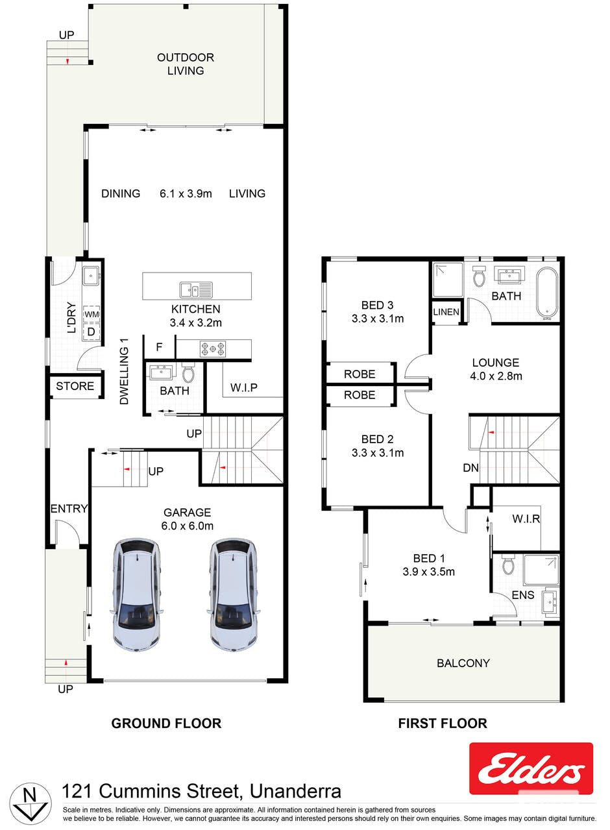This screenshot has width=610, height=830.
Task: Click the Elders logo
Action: pyautogui.click(x=531, y=768)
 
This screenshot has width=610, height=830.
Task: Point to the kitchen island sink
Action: pyautogui.click(x=197, y=289)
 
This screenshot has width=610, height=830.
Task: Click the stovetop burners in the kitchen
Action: pyautogui.click(x=213, y=349)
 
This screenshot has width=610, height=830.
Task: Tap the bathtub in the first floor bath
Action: pyautogui.click(x=547, y=293)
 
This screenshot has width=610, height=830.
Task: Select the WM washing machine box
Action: pyautogui.click(x=91, y=314)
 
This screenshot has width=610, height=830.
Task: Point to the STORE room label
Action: pyautogui.click(x=75, y=386)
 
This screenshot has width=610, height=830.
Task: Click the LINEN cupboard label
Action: pyautogui.click(x=446, y=312)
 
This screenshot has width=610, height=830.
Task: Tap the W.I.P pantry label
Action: pyautogui.click(x=244, y=387)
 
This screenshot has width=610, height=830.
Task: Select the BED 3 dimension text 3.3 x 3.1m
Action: pyautogui.click(x=378, y=319)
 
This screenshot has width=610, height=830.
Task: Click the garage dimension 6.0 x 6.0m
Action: pyautogui.click(x=187, y=526)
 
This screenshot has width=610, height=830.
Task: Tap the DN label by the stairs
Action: pyautogui.click(x=470, y=468)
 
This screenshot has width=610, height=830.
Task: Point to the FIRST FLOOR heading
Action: pyautogui.click(x=443, y=724)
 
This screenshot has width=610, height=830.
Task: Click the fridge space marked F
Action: pyautogui.click(x=160, y=347)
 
